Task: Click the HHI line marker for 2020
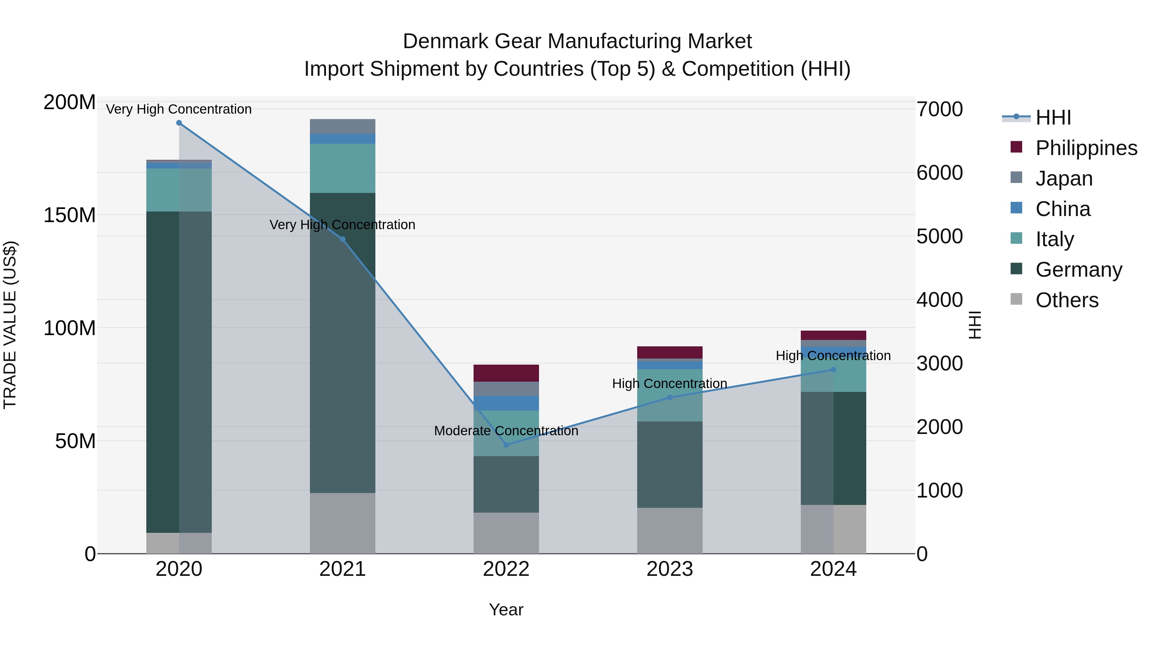pyautogui.click(x=179, y=123)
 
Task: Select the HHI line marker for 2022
pyautogui.click(x=506, y=445)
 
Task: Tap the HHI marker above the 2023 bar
pyautogui.click(x=670, y=397)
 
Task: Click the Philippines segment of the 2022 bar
pyautogui.click(x=506, y=373)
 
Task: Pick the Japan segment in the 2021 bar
pyautogui.click(x=343, y=126)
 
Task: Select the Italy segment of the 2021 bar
pyautogui.click(x=343, y=168)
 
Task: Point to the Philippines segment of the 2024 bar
pyautogui.click(x=834, y=335)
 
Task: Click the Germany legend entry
pyautogui.click(x=1078, y=270)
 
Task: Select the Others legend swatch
pyautogui.click(x=1016, y=299)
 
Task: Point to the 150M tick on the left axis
pyautogui.click(x=70, y=215)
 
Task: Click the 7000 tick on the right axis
pyautogui.click(x=939, y=109)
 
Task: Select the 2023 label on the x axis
pyautogui.click(x=670, y=569)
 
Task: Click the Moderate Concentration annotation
pyautogui.click(x=506, y=431)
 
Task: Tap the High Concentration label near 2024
pyautogui.click(x=833, y=356)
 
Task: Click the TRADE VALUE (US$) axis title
pyautogui.click(x=10, y=325)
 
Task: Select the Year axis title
pyautogui.click(x=506, y=610)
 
